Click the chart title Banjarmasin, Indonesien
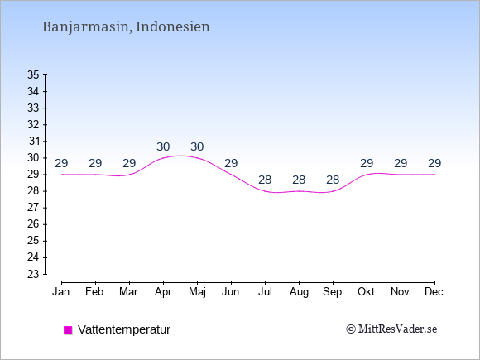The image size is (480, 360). tap(126, 27)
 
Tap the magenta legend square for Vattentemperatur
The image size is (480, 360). tap(68, 330)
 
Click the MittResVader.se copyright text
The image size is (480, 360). tap(391, 329)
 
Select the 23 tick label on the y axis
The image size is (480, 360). tap(33, 274)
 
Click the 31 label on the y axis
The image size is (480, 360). tap(34, 142)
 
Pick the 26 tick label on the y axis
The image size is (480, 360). tap(33, 224)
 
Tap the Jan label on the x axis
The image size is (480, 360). tap(61, 292)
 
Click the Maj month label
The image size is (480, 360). tap(197, 292)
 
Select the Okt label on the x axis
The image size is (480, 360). tap(366, 292)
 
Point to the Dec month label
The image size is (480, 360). tap(434, 292)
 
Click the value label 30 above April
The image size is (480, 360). tap(163, 147)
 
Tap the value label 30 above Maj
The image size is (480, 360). tap(197, 147)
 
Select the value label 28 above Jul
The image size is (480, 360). tap(265, 180)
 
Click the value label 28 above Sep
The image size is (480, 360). tap(333, 180)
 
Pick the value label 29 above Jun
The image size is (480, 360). tap(231, 164)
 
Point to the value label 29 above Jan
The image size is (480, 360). tap(61, 164)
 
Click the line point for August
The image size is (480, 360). tap(299, 191)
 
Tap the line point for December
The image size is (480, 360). tap(434, 175)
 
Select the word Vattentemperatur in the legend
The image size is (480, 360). tap(124, 329)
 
